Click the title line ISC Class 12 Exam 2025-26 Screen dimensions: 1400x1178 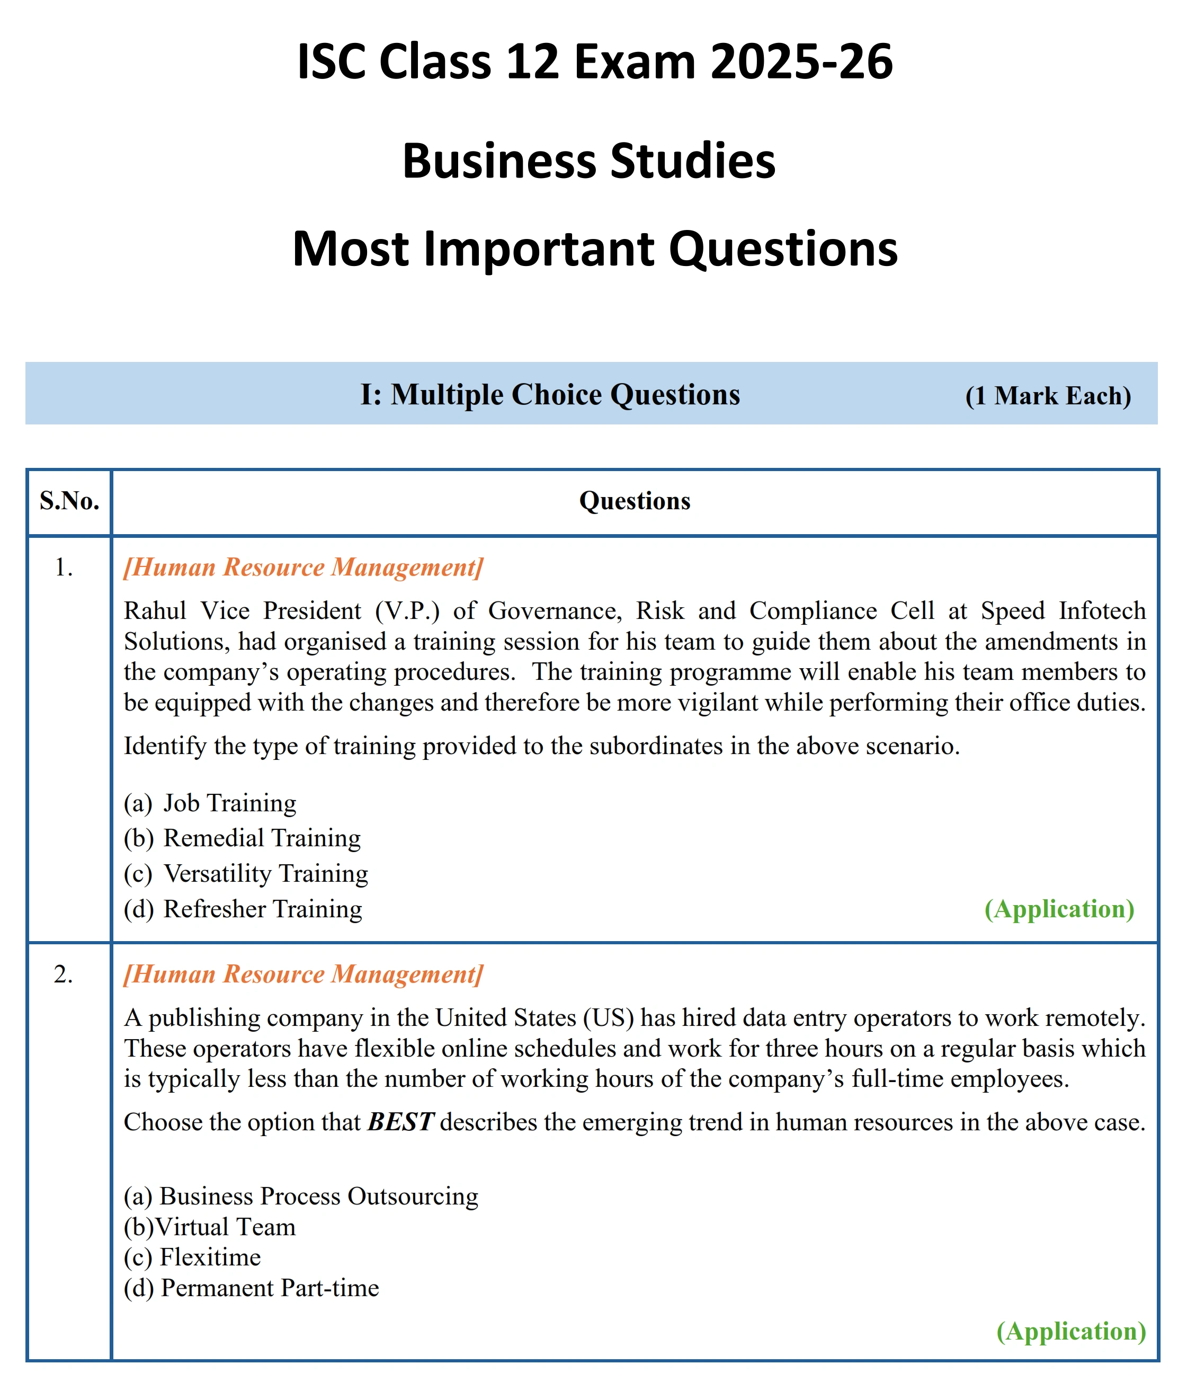[x=594, y=61]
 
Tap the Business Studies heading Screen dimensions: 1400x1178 [x=589, y=161]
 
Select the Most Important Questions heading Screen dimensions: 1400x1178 [x=594, y=249]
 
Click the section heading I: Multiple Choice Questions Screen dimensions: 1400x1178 [x=550, y=394]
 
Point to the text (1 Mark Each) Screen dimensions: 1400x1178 [x=1048, y=395]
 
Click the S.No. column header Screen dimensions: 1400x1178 [x=69, y=500]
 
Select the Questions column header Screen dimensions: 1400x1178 [x=635, y=500]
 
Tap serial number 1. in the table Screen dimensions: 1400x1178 [x=64, y=567]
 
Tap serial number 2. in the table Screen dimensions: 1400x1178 [x=64, y=974]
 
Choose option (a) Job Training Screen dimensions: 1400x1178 [x=210, y=803]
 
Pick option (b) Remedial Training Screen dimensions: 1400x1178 [x=242, y=838]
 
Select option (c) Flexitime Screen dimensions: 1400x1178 [x=192, y=1256]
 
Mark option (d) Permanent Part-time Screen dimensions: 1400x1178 [x=251, y=1287]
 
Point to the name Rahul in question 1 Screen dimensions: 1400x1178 [x=155, y=610]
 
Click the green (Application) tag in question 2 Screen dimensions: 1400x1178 [x=1071, y=1331]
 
